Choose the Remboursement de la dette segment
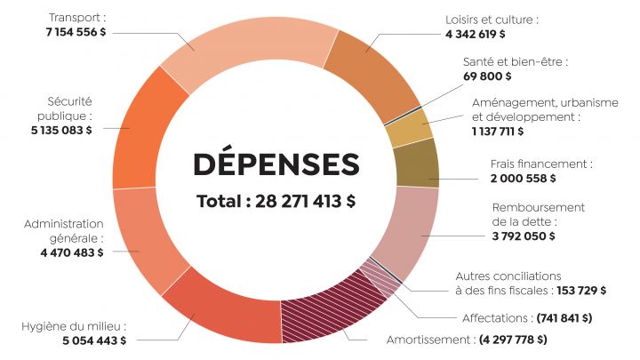[x=404, y=231]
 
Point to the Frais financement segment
[x=418, y=164]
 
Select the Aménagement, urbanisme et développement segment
[x=408, y=129]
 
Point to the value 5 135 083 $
[x=60, y=130]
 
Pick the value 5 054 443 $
[x=93, y=340]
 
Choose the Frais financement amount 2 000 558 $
[x=523, y=179]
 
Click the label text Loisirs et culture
[x=492, y=19]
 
